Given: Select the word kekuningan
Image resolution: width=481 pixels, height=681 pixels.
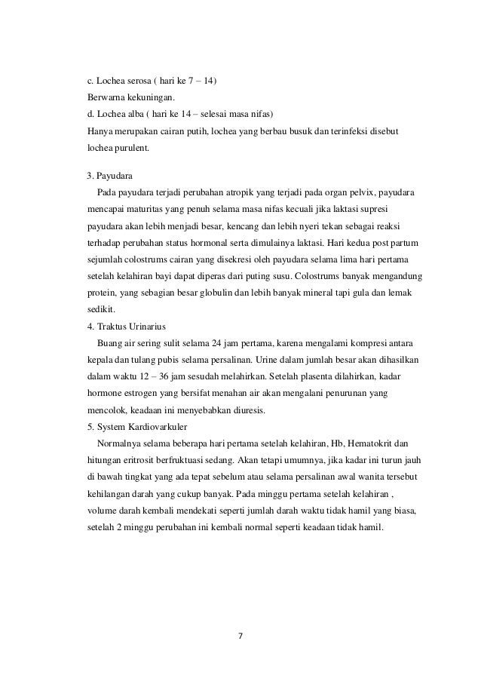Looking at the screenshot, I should click(133, 98).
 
